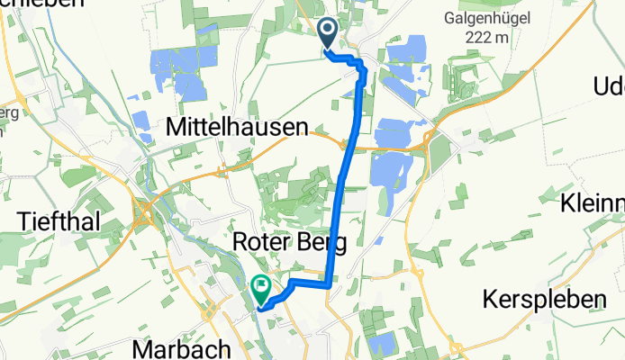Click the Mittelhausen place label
point(237,129)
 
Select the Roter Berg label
point(290,241)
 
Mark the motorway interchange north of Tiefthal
point(144,215)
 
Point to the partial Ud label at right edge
point(609,86)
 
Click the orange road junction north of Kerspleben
point(417,269)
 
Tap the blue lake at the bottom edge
point(382,345)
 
